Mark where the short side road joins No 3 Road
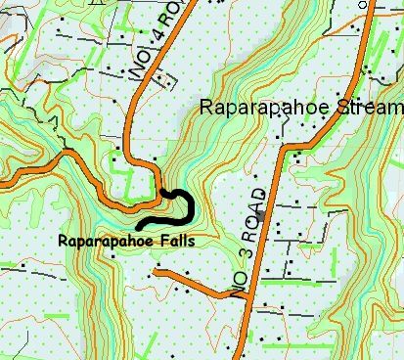tap(244, 297)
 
